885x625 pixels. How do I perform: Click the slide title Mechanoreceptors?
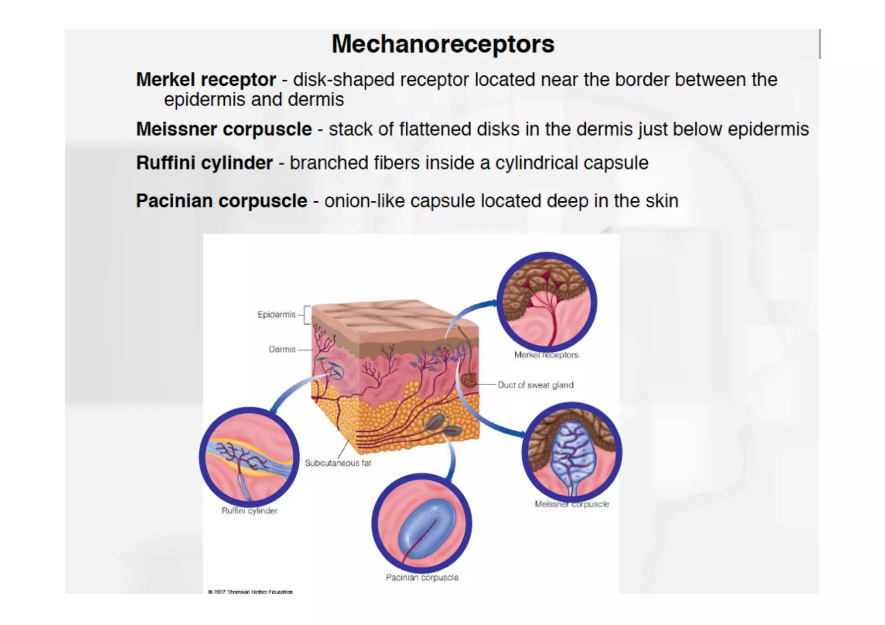(442, 44)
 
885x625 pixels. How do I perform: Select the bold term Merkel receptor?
(206, 79)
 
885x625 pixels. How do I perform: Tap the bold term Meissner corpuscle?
(224, 129)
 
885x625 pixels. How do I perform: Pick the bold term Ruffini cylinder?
(204, 163)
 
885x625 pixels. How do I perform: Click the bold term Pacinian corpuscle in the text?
(221, 201)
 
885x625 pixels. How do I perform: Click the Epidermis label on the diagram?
(277, 314)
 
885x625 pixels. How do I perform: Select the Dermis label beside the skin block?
(282, 349)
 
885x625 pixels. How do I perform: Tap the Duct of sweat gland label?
(535, 385)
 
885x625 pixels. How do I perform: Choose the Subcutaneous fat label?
(338, 463)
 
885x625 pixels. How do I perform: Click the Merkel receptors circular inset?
(547, 301)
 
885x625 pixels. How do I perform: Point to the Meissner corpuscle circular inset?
(572, 452)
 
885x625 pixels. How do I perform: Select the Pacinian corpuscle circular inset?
(422, 523)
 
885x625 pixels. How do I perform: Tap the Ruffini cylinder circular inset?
(249, 457)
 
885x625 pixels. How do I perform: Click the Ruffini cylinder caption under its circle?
(249, 511)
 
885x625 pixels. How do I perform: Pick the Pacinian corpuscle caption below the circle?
(422, 577)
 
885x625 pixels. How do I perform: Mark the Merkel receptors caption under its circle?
(546, 355)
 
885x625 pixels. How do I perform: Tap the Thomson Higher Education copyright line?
(251, 592)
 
